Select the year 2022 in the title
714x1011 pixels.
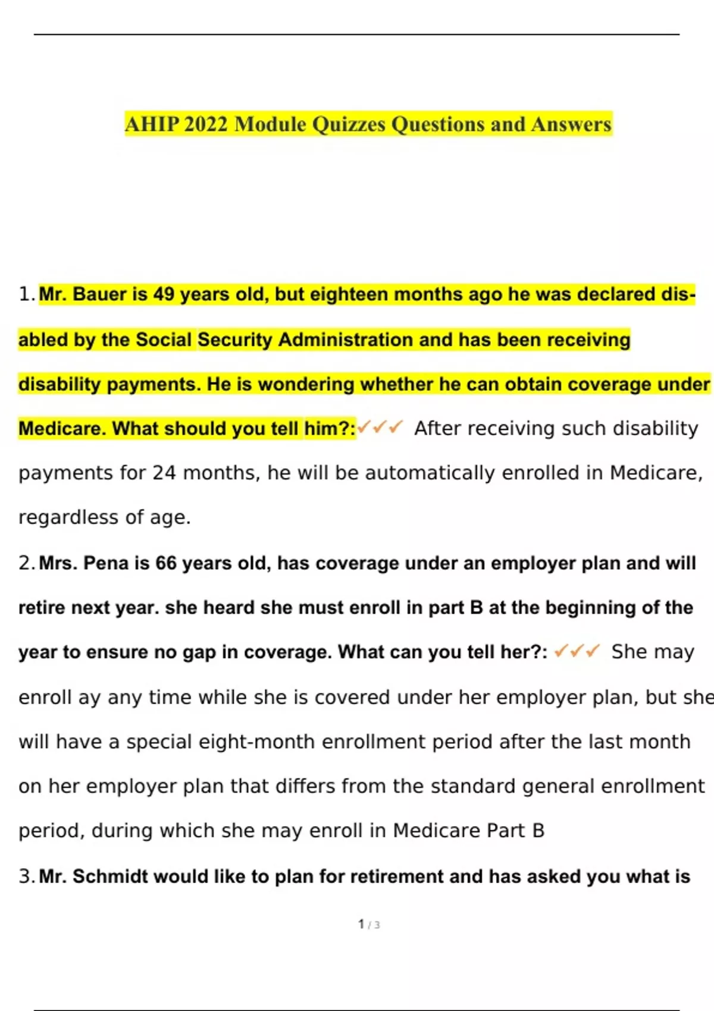pyautogui.click(x=205, y=124)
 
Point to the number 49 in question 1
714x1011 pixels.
pyautogui.click(x=164, y=294)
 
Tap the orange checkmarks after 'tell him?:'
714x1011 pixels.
pyautogui.click(x=380, y=427)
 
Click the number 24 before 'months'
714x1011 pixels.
pyautogui.click(x=164, y=473)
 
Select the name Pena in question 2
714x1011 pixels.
pyautogui.click(x=106, y=563)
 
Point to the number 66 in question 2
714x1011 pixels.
pyautogui.click(x=166, y=563)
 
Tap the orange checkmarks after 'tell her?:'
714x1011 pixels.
pyautogui.click(x=577, y=652)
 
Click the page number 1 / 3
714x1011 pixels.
pyautogui.click(x=369, y=925)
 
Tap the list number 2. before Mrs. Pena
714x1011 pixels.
pyautogui.click(x=26, y=563)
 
